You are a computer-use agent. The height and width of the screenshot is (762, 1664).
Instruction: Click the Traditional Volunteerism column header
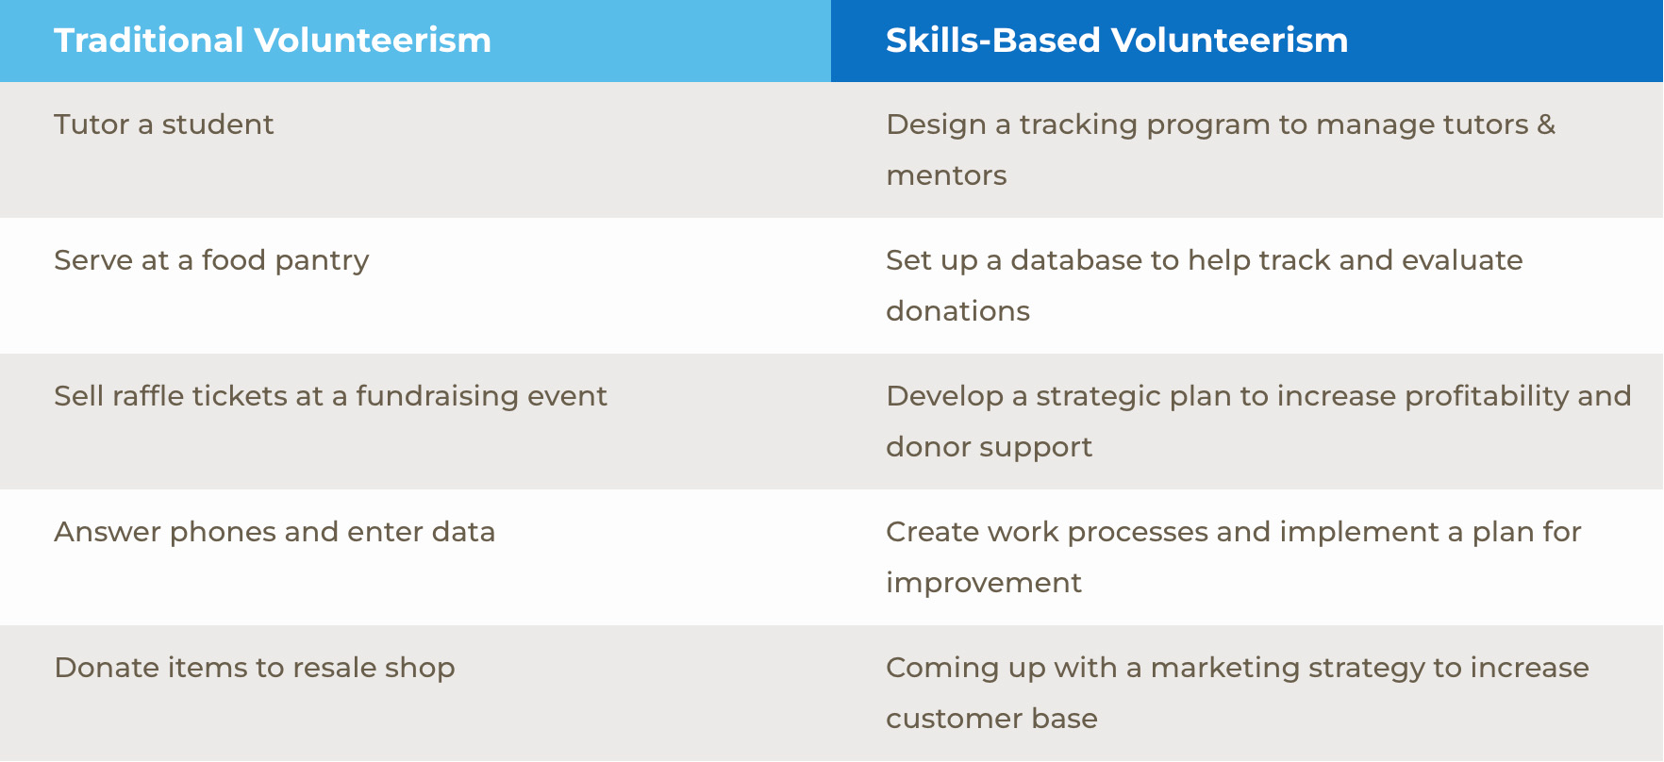click(x=273, y=41)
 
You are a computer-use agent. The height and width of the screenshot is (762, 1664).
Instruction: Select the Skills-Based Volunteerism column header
click(x=1117, y=41)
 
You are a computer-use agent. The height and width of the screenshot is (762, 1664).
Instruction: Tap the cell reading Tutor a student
click(x=164, y=124)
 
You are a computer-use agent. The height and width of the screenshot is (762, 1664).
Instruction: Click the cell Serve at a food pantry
click(x=211, y=261)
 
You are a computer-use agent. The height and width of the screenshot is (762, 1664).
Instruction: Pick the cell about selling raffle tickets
click(x=330, y=397)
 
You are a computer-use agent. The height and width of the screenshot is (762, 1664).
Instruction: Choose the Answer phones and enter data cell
click(x=275, y=533)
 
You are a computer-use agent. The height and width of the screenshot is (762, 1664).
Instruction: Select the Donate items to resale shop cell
click(x=255, y=669)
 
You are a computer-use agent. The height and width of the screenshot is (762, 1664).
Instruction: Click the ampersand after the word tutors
click(x=1546, y=124)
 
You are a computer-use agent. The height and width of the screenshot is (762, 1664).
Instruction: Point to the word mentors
click(x=946, y=176)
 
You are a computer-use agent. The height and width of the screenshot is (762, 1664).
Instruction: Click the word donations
click(x=957, y=311)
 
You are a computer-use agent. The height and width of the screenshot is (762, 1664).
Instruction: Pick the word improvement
click(x=984, y=584)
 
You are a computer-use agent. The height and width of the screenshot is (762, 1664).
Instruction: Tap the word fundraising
click(x=437, y=397)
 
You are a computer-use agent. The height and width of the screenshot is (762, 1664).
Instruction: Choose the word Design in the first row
click(x=936, y=125)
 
